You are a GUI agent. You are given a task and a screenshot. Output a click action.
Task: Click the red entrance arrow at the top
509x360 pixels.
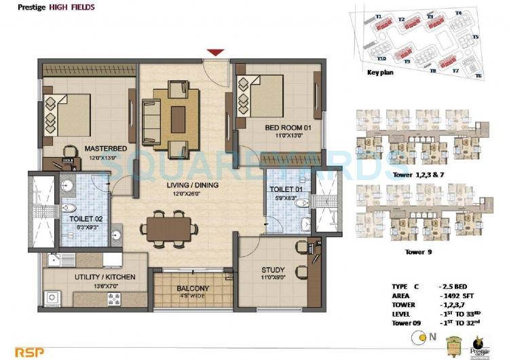[x=215, y=52]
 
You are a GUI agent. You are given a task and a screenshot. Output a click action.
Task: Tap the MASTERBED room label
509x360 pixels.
[x=105, y=148]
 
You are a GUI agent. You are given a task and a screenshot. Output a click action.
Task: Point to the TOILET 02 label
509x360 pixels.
[x=85, y=219]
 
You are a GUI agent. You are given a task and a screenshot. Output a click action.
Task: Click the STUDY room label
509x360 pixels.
[x=273, y=270]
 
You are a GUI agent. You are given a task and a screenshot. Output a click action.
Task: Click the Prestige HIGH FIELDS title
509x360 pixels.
[x=48, y=8]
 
